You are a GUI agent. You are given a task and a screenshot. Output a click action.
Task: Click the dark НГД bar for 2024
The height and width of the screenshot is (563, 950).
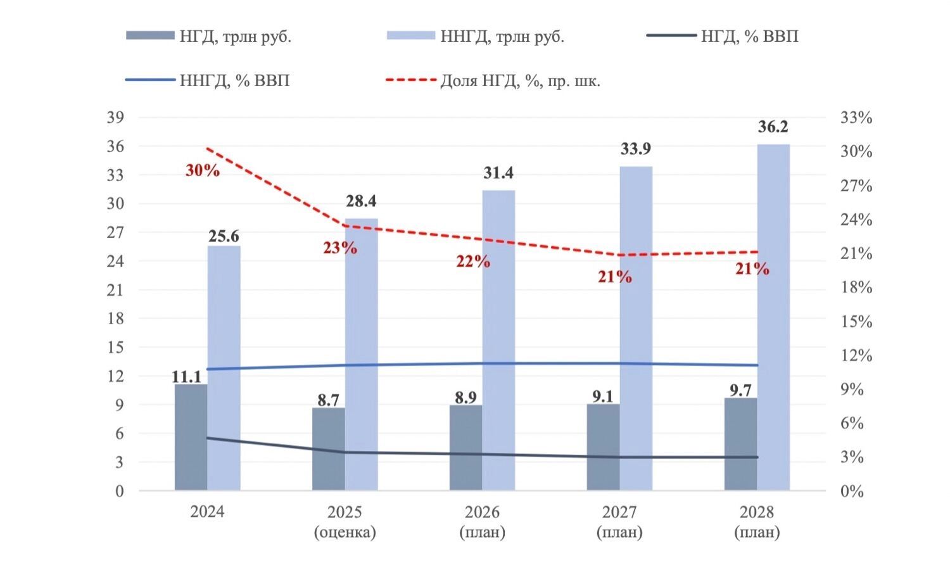tap(191, 437)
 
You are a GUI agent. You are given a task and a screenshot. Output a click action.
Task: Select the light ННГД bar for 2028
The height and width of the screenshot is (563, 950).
tap(773, 317)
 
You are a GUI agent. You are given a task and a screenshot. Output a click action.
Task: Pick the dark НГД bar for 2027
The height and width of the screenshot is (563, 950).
tap(603, 447)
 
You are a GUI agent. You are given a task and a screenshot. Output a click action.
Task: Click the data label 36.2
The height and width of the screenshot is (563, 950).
tap(773, 127)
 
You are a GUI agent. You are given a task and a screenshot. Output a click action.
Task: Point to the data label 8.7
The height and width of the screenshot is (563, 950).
tap(328, 400)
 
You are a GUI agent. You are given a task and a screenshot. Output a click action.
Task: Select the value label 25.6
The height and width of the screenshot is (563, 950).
tap(224, 236)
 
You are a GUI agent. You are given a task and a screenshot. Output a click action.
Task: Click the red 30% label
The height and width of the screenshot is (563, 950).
tap(202, 170)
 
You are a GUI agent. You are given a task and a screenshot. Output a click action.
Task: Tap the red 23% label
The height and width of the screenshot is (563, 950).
tap(340, 248)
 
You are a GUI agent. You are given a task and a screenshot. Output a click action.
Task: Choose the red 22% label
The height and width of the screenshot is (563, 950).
tap(473, 261)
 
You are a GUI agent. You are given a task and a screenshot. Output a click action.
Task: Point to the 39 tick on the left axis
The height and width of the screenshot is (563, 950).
tap(115, 118)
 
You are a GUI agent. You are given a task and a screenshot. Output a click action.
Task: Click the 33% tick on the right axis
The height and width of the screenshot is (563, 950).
tap(856, 118)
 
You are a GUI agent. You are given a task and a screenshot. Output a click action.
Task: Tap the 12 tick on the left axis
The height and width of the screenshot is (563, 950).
tap(115, 376)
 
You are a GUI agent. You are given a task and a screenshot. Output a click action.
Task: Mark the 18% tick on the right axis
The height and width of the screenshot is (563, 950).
tap(856, 288)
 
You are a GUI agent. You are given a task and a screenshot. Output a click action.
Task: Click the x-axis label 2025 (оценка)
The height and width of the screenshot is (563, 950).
tap(345, 522)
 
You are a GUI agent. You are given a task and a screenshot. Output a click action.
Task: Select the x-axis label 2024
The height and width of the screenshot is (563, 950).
tap(207, 512)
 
